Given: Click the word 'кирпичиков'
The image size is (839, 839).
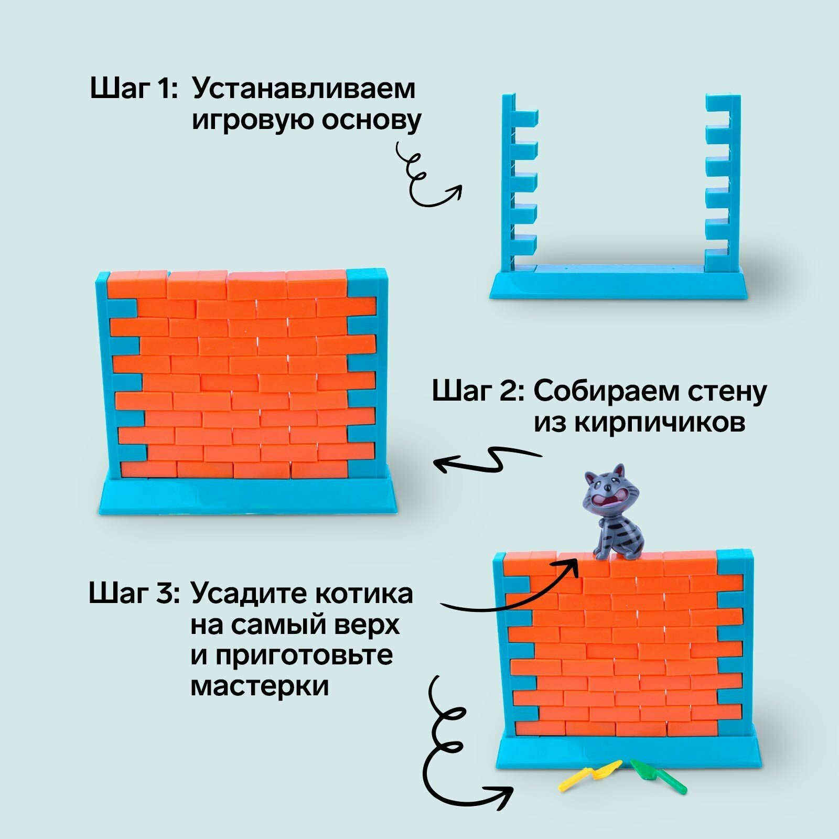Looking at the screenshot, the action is [x=639, y=422].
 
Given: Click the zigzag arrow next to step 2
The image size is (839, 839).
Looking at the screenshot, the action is [x=488, y=459].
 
